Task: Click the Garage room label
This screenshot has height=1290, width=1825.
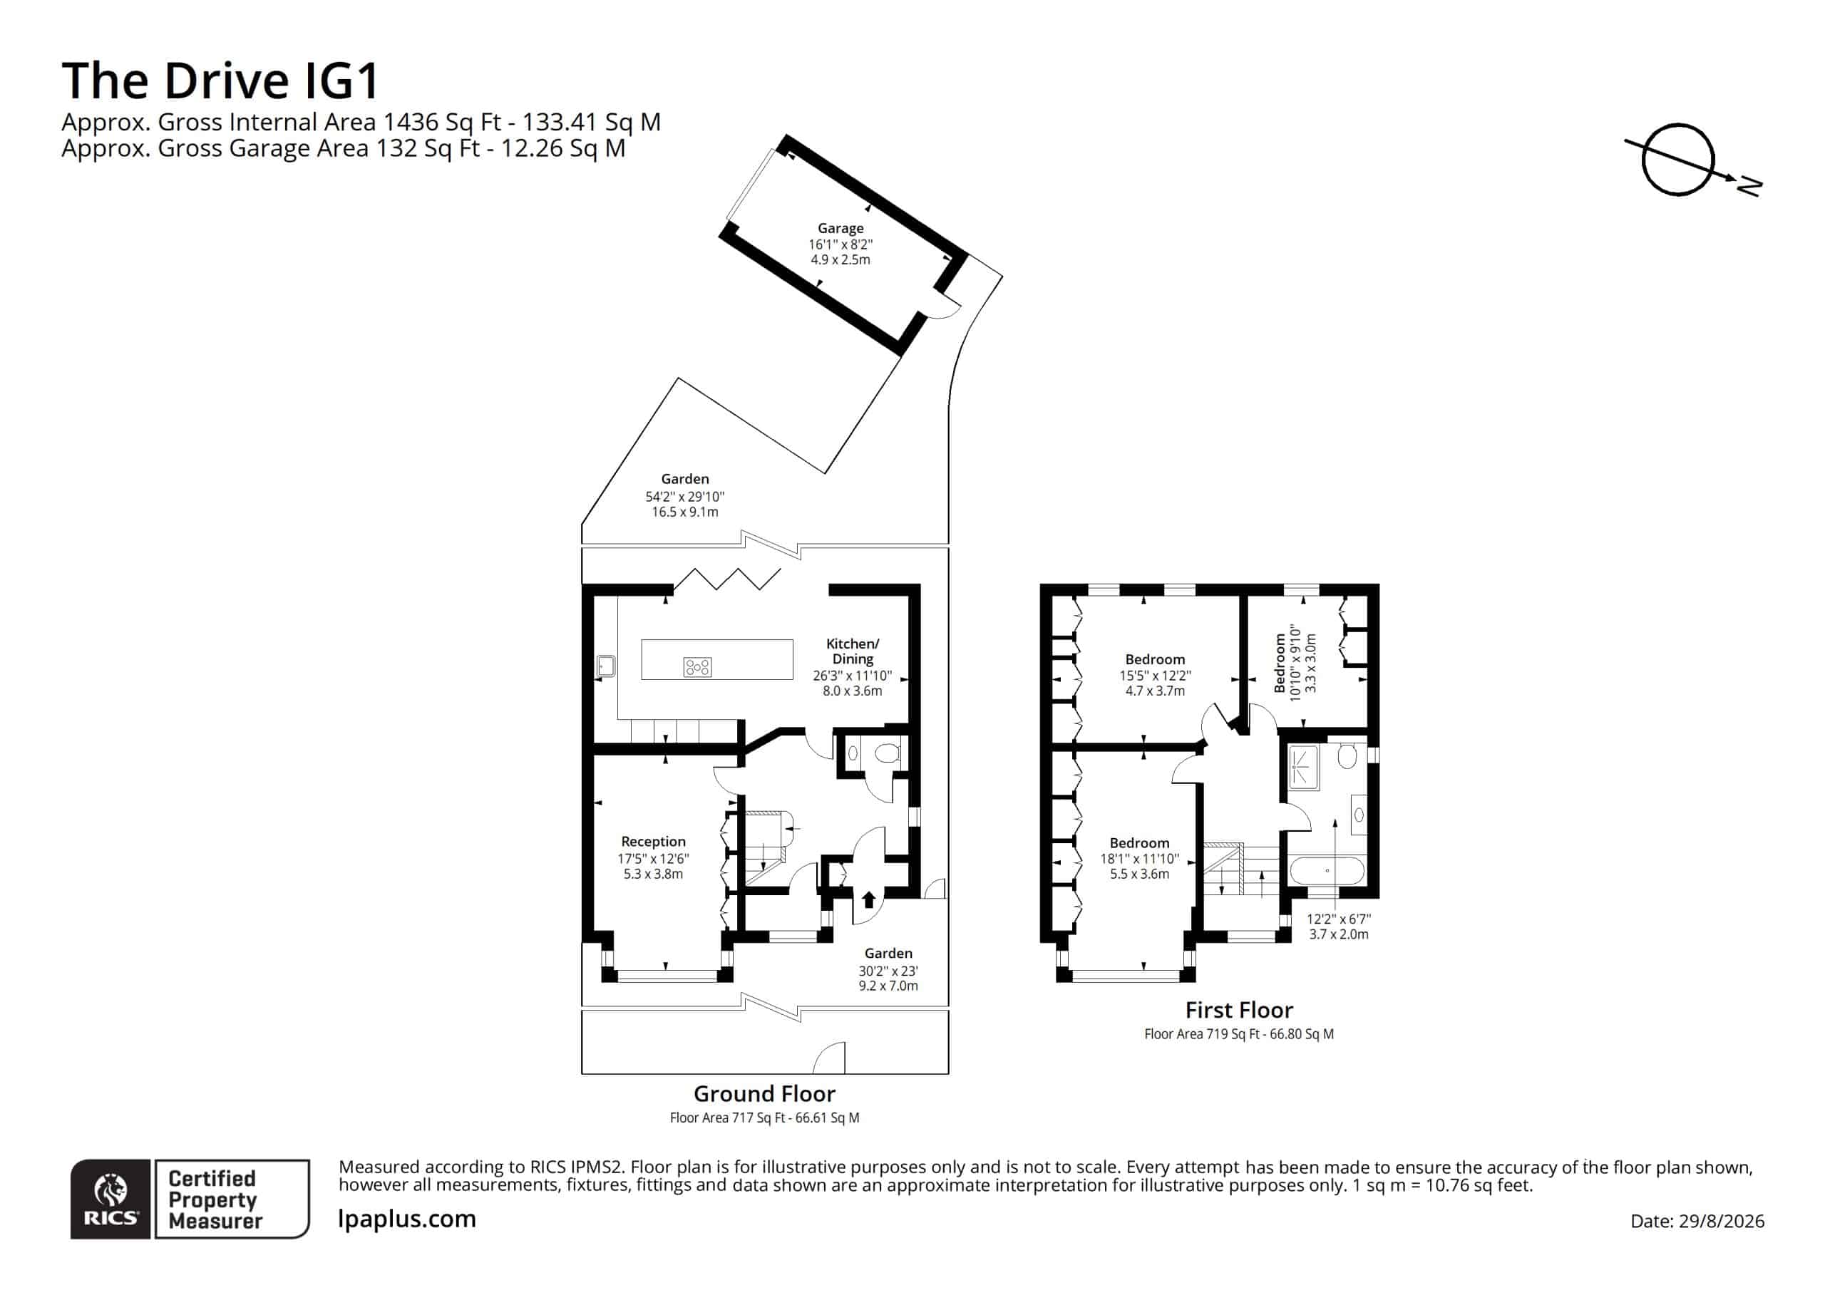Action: point(840,228)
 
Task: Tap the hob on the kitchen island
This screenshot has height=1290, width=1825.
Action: point(697,668)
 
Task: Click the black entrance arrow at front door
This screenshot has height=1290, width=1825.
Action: point(869,899)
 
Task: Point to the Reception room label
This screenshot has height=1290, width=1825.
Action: point(654,841)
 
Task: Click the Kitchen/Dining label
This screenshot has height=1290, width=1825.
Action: point(853,651)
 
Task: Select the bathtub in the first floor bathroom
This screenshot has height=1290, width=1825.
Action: point(1327,870)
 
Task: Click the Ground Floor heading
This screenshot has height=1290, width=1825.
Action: point(765,1094)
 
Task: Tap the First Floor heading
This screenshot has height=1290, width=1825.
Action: point(1239,1010)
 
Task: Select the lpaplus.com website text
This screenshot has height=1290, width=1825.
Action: point(407,1219)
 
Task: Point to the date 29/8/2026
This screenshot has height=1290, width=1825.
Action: point(1721,1222)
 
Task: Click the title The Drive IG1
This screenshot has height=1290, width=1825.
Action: point(220,81)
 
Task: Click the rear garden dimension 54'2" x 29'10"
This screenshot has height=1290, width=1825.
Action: point(685,497)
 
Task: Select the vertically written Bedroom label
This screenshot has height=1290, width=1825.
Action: point(1280,664)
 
